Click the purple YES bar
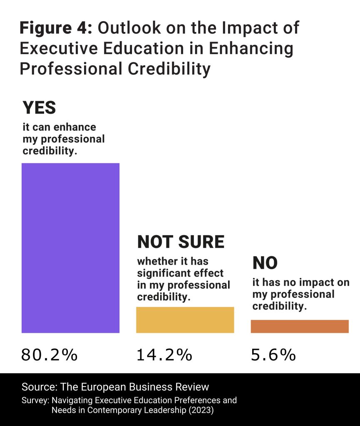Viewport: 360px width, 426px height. coord(70,248)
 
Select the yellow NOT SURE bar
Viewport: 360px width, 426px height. coord(185,320)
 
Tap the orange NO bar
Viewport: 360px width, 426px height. coord(299,327)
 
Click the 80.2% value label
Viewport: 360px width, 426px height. coord(49,355)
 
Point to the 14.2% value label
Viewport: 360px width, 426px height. coord(164,355)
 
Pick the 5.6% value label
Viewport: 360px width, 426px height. coord(273,355)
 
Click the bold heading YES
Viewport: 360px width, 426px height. coord(39,108)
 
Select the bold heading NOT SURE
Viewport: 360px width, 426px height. coord(181,242)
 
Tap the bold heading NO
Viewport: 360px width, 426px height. coord(265,263)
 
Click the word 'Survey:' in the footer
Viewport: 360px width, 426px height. coord(35,400)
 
